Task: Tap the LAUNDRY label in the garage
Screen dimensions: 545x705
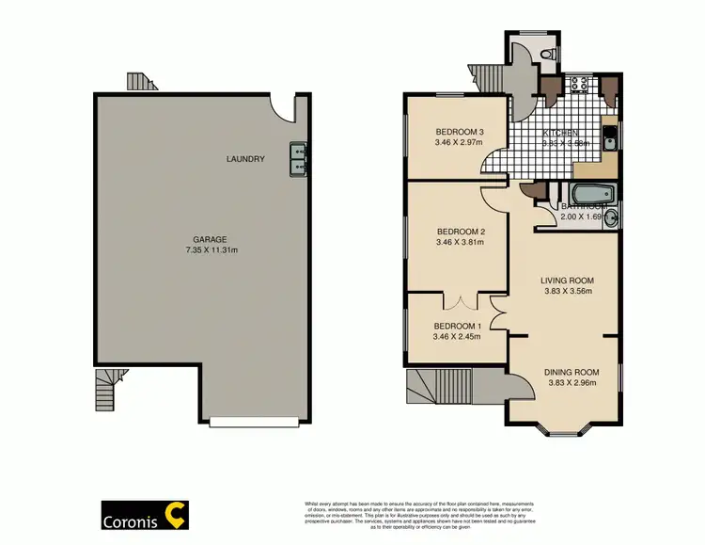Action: click(x=245, y=159)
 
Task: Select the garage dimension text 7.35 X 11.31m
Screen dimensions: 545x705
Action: click(x=212, y=251)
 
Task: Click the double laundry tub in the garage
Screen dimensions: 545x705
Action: click(x=299, y=158)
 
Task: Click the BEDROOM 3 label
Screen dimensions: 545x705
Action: click(x=460, y=131)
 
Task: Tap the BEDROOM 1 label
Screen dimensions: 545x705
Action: click(x=458, y=326)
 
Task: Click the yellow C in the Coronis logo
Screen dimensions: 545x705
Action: click(x=175, y=514)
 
